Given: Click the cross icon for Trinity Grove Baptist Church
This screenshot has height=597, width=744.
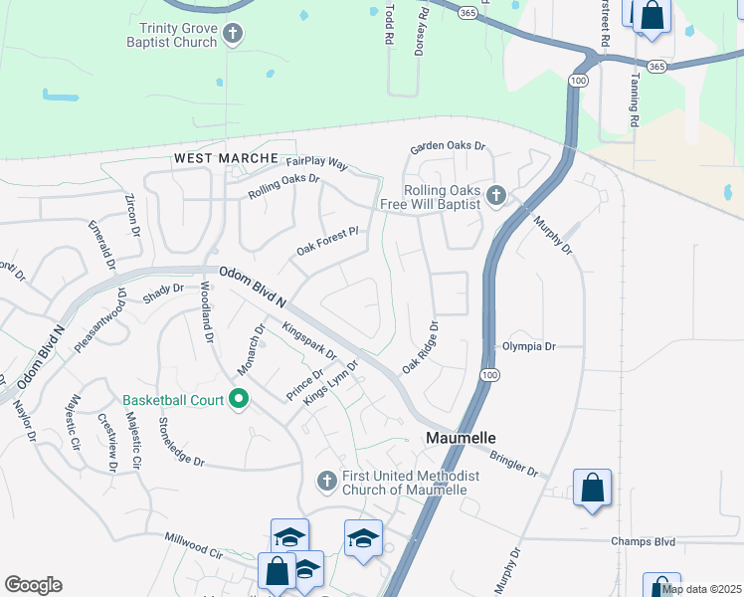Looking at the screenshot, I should point(233,35).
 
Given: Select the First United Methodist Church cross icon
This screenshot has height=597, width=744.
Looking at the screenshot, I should point(326,482).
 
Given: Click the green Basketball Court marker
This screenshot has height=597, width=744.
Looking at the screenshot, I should point(239,400).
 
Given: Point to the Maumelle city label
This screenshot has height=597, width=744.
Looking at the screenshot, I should point(462,438).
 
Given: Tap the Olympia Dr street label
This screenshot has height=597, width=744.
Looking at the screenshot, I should point(528,346).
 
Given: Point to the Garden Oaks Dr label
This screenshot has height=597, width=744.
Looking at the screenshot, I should point(449,147).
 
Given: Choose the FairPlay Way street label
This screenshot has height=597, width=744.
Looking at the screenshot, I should point(315,161).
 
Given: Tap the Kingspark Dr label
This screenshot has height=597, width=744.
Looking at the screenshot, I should point(310,340).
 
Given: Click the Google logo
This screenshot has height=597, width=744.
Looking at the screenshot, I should point(33,585).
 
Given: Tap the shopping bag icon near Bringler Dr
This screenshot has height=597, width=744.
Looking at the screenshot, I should point(592,489).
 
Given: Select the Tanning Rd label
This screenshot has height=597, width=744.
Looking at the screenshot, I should point(634,98).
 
